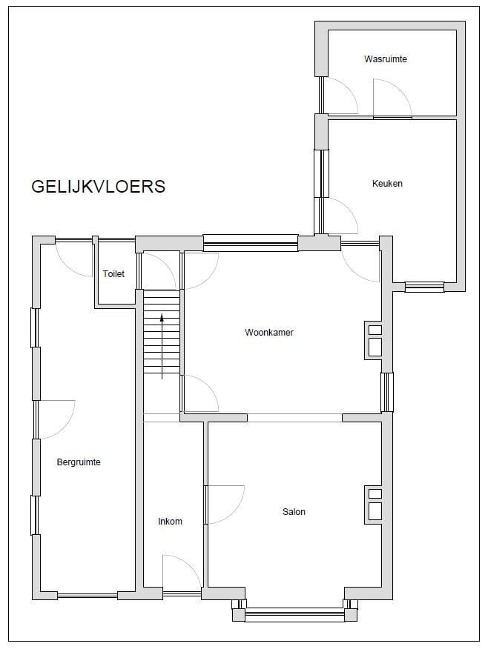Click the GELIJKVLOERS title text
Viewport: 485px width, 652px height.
point(98,186)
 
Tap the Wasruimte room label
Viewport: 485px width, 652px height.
point(386,59)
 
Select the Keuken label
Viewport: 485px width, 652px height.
point(387,184)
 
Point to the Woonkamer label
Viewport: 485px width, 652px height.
point(269,332)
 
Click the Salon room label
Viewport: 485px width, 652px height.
point(294,511)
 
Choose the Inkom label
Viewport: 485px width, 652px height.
point(170,522)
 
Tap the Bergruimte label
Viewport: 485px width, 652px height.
point(79,462)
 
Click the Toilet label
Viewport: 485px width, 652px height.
point(113,274)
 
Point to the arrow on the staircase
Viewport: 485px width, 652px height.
point(162,347)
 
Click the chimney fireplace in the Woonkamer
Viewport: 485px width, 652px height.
point(375,340)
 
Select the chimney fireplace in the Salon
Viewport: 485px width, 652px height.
point(375,503)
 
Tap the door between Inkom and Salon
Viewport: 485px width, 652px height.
point(225,504)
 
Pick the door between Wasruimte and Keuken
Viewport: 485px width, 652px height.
point(392,99)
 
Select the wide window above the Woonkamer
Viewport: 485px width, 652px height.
point(251,243)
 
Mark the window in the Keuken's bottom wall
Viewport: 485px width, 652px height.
point(425,287)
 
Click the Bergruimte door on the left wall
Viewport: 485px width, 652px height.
point(54,419)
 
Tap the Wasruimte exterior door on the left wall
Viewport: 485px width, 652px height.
point(339,96)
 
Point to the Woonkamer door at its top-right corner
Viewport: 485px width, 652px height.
point(360,262)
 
